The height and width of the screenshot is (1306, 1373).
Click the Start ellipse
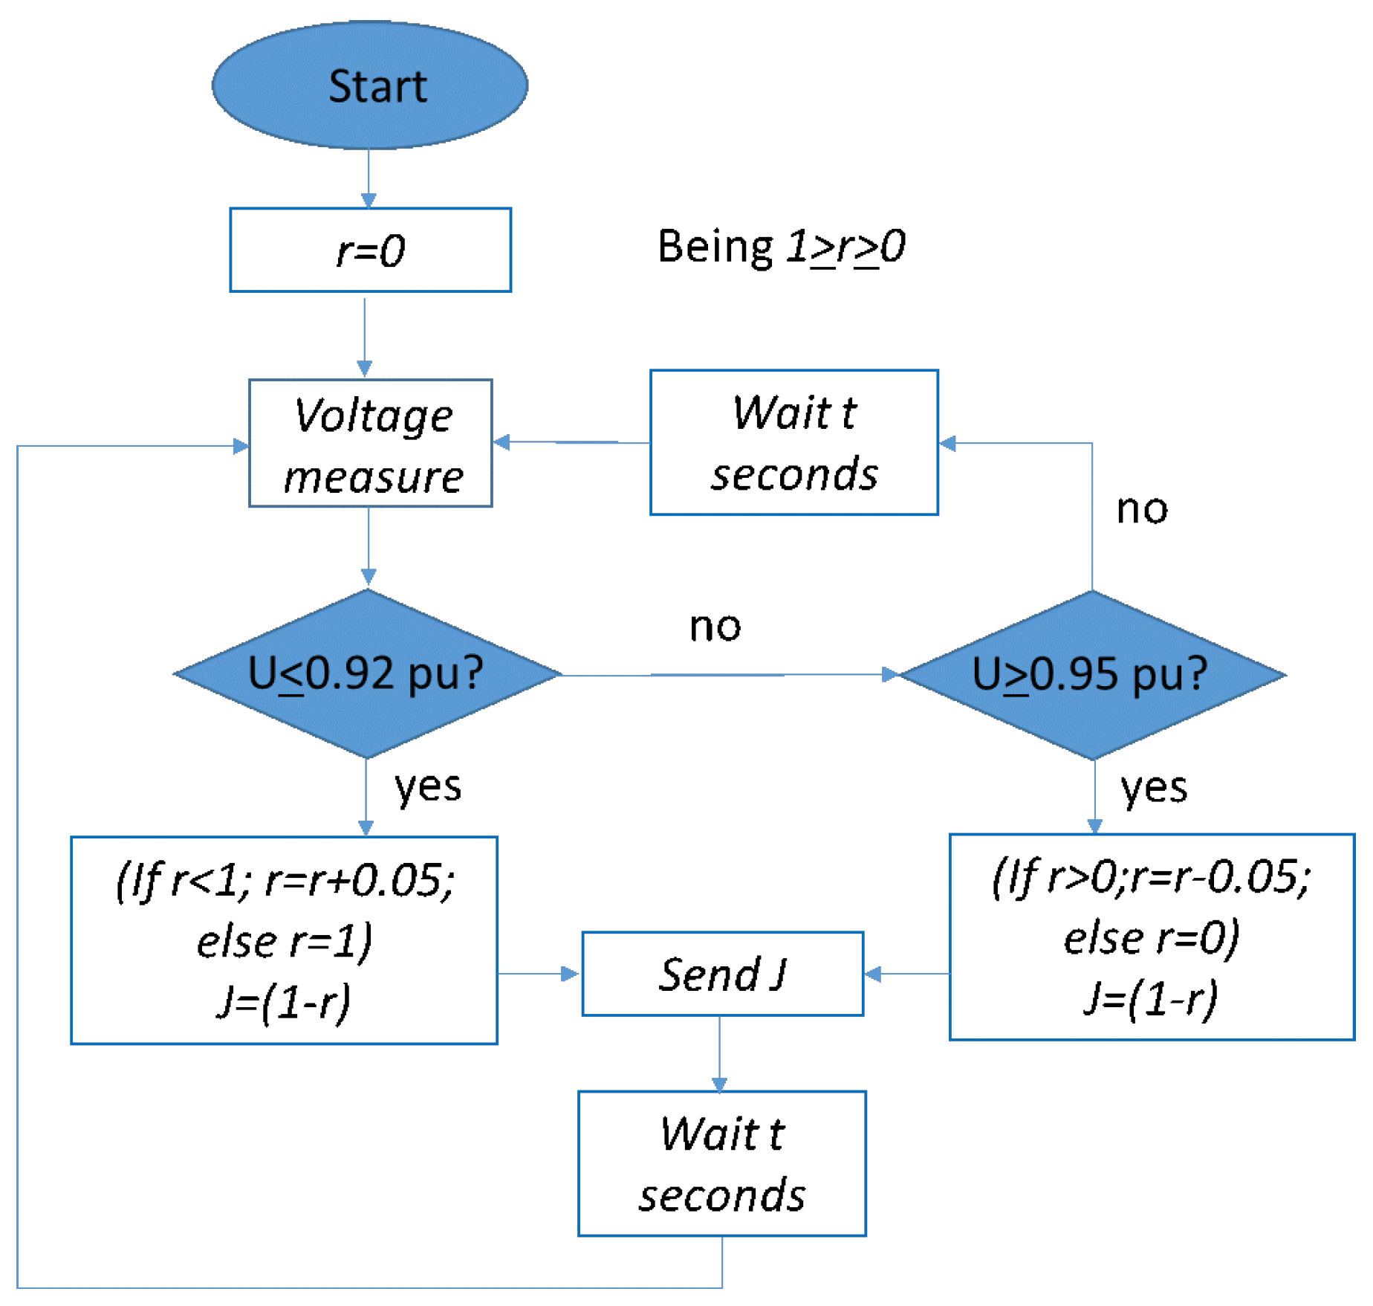(370, 85)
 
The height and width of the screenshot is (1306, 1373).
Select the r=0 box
(370, 250)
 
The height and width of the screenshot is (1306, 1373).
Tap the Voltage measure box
(370, 444)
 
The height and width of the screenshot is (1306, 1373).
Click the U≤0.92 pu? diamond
(366, 674)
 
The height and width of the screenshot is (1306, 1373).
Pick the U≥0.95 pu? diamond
(1091, 675)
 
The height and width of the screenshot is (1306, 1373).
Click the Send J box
(722, 974)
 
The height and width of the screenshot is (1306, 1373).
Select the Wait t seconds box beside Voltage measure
(793, 443)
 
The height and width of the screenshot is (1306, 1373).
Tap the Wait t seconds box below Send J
(721, 1164)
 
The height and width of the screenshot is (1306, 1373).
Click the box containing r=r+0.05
(284, 940)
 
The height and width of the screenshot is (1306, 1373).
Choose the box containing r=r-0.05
(1151, 937)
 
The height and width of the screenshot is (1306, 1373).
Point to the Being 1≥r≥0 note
(781, 247)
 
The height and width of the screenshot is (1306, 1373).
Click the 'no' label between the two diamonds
(715, 627)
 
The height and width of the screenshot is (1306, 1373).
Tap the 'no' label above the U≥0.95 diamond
(1142, 510)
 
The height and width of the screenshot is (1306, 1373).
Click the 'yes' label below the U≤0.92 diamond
(427, 786)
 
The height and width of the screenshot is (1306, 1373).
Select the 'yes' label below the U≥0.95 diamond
(1153, 788)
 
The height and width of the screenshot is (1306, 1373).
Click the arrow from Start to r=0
(369, 178)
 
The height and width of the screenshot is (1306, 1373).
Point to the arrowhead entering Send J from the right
(874, 974)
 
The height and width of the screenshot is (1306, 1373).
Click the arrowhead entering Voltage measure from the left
(241, 446)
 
